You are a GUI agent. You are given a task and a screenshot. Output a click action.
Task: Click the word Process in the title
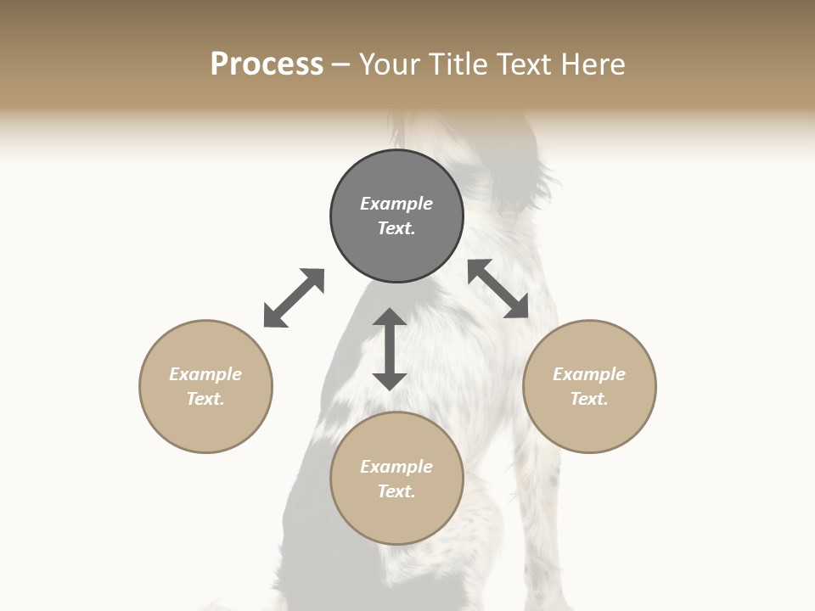click(267, 64)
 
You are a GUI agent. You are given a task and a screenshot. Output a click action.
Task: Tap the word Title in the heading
click(457, 64)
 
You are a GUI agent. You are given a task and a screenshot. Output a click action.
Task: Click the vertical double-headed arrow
click(390, 349)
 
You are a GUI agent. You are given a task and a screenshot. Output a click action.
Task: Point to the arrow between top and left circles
click(294, 298)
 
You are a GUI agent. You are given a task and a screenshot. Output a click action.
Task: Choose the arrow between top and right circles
click(498, 289)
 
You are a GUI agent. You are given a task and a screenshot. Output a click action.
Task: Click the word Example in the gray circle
click(396, 204)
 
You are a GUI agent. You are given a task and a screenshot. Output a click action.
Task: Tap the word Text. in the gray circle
click(396, 228)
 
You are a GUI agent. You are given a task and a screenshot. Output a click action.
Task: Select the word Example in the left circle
click(205, 374)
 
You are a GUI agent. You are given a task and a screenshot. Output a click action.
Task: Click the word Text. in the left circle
click(205, 399)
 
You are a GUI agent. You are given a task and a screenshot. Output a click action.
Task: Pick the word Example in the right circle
click(589, 374)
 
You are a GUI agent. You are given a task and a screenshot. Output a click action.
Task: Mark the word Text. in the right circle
click(589, 399)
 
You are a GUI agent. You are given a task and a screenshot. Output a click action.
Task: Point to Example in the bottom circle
click(396, 467)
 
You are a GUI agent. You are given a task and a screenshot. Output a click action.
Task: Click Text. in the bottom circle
click(396, 491)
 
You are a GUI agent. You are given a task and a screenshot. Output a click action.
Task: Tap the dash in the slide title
click(341, 65)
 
